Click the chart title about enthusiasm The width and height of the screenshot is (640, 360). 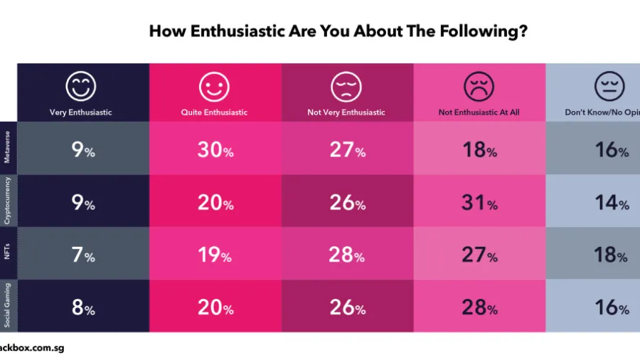click(x=338, y=32)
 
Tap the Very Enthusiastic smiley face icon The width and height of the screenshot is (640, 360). click(x=80, y=87)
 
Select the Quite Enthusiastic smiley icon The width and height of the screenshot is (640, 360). click(x=214, y=88)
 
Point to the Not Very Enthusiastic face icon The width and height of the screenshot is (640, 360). click(x=346, y=87)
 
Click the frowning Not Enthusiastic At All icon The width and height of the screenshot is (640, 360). click(x=479, y=87)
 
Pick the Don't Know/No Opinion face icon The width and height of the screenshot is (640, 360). click(x=609, y=87)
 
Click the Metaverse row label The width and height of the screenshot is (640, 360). click(x=8, y=148)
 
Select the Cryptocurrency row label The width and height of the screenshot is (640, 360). click(x=8, y=201)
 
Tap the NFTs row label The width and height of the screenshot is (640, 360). click(x=8, y=253)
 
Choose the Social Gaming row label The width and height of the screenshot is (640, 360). click(x=8, y=305)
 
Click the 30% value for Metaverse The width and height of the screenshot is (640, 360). click(x=215, y=151)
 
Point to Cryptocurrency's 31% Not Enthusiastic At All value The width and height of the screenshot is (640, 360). click(x=479, y=203)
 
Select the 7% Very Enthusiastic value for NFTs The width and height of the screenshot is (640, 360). click(x=82, y=255)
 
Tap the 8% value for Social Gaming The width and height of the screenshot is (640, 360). click(x=82, y=308)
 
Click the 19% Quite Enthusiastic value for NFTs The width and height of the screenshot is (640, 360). click(x=215, y=255)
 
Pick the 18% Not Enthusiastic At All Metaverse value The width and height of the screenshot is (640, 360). click(x=479, y=151)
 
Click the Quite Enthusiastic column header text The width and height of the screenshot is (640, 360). click(x=214, y=112)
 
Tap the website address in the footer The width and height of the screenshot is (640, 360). click(x=32, y=349)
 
